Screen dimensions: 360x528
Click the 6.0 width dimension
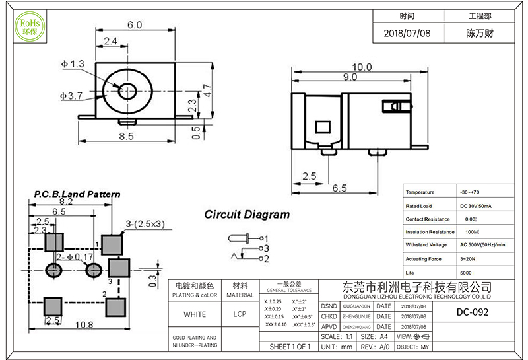tap(135, 25)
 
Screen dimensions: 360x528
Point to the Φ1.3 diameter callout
tap(73, 64)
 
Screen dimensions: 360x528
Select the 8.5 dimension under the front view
tap(127, 136)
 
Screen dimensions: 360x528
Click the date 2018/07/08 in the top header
tap(407, 32)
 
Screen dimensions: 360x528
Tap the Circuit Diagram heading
tap(246, 215)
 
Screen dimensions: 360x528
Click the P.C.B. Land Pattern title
tap(77, 194)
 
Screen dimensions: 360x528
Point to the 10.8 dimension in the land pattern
tap(84, 324)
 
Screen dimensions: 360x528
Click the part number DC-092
tap(473, 312)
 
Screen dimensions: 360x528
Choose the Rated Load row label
tap(420, 205)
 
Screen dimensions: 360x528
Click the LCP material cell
tap(240, 314)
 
